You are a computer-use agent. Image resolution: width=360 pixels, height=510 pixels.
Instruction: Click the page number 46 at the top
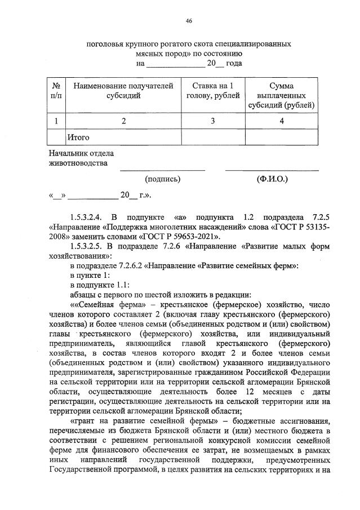[189, 21]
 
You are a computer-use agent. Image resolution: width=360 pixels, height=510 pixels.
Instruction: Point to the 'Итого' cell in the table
[78, 137]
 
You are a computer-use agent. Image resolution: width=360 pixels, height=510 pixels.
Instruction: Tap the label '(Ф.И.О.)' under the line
[272, 179]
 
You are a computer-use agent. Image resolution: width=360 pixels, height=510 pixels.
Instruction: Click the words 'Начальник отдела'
[81, 153]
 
